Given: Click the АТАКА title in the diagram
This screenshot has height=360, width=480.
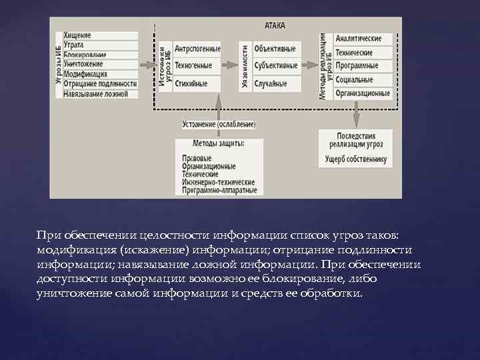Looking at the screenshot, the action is pyautogui.click(x=274, y=25).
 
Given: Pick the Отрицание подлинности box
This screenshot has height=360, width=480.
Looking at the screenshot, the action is pyautogui.click(x=100, y=84).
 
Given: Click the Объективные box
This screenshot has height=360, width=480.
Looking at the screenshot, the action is pyautogui.click(x=275, y=49).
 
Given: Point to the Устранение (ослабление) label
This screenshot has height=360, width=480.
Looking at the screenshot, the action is pyautogui.click(x=218, y=125).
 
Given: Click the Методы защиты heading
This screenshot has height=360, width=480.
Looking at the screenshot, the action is pyautogui.click(x=218, y=144).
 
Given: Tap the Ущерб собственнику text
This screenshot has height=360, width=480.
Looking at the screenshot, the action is pyautogui.click(x=356, y=159).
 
